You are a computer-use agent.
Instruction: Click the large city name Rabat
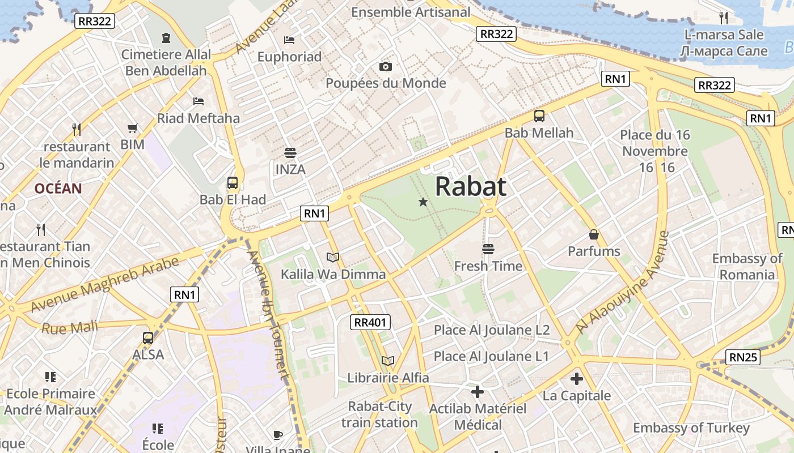point(471,186)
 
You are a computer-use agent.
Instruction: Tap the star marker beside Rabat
point(423,202)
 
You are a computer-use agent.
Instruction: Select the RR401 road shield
point(370,323)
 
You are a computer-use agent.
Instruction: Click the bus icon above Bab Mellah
point(539,116)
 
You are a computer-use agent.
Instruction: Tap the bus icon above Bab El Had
point(232,183)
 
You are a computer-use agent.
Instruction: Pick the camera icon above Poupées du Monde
point(386,67)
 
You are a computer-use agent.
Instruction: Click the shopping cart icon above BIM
point(133,129)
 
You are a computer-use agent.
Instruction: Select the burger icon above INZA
point(290,153)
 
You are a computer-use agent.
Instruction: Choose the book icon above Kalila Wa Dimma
point(333,258)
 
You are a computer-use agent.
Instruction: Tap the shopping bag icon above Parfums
point(594,234)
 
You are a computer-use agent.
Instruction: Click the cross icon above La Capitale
point(577,379)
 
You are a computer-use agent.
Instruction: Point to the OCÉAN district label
point(58,189)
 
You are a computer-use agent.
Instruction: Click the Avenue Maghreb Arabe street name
point(105,284)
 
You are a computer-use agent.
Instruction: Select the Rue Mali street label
point(70,328)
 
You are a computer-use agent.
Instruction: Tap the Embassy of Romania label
point(747,267)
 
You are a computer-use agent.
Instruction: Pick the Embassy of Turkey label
point(691,428)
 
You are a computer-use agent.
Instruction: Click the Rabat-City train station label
point(379,414)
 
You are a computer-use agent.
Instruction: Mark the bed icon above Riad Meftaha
point(198,101)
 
